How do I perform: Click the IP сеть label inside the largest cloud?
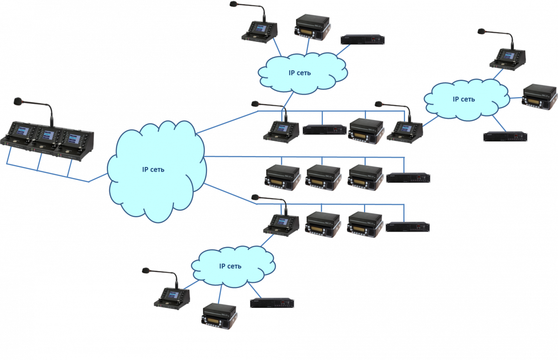coord(153,169)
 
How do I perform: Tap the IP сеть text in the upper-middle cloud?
coord(299,73)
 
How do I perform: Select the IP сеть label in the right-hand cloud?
coord(464,99)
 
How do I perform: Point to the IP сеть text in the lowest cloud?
coord(230,266)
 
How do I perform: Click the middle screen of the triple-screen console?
coord(46,136)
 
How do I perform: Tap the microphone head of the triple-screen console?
coord(18,100)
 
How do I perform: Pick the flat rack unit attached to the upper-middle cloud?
coord(363,40)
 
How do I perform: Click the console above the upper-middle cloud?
coord(259,32)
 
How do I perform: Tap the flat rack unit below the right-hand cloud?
coord(505,136)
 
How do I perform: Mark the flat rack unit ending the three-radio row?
coord(408,178)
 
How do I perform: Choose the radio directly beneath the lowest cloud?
coord(219,318)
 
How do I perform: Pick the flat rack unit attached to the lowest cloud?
coord(272,303)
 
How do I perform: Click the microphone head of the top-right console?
coord(481,32)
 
